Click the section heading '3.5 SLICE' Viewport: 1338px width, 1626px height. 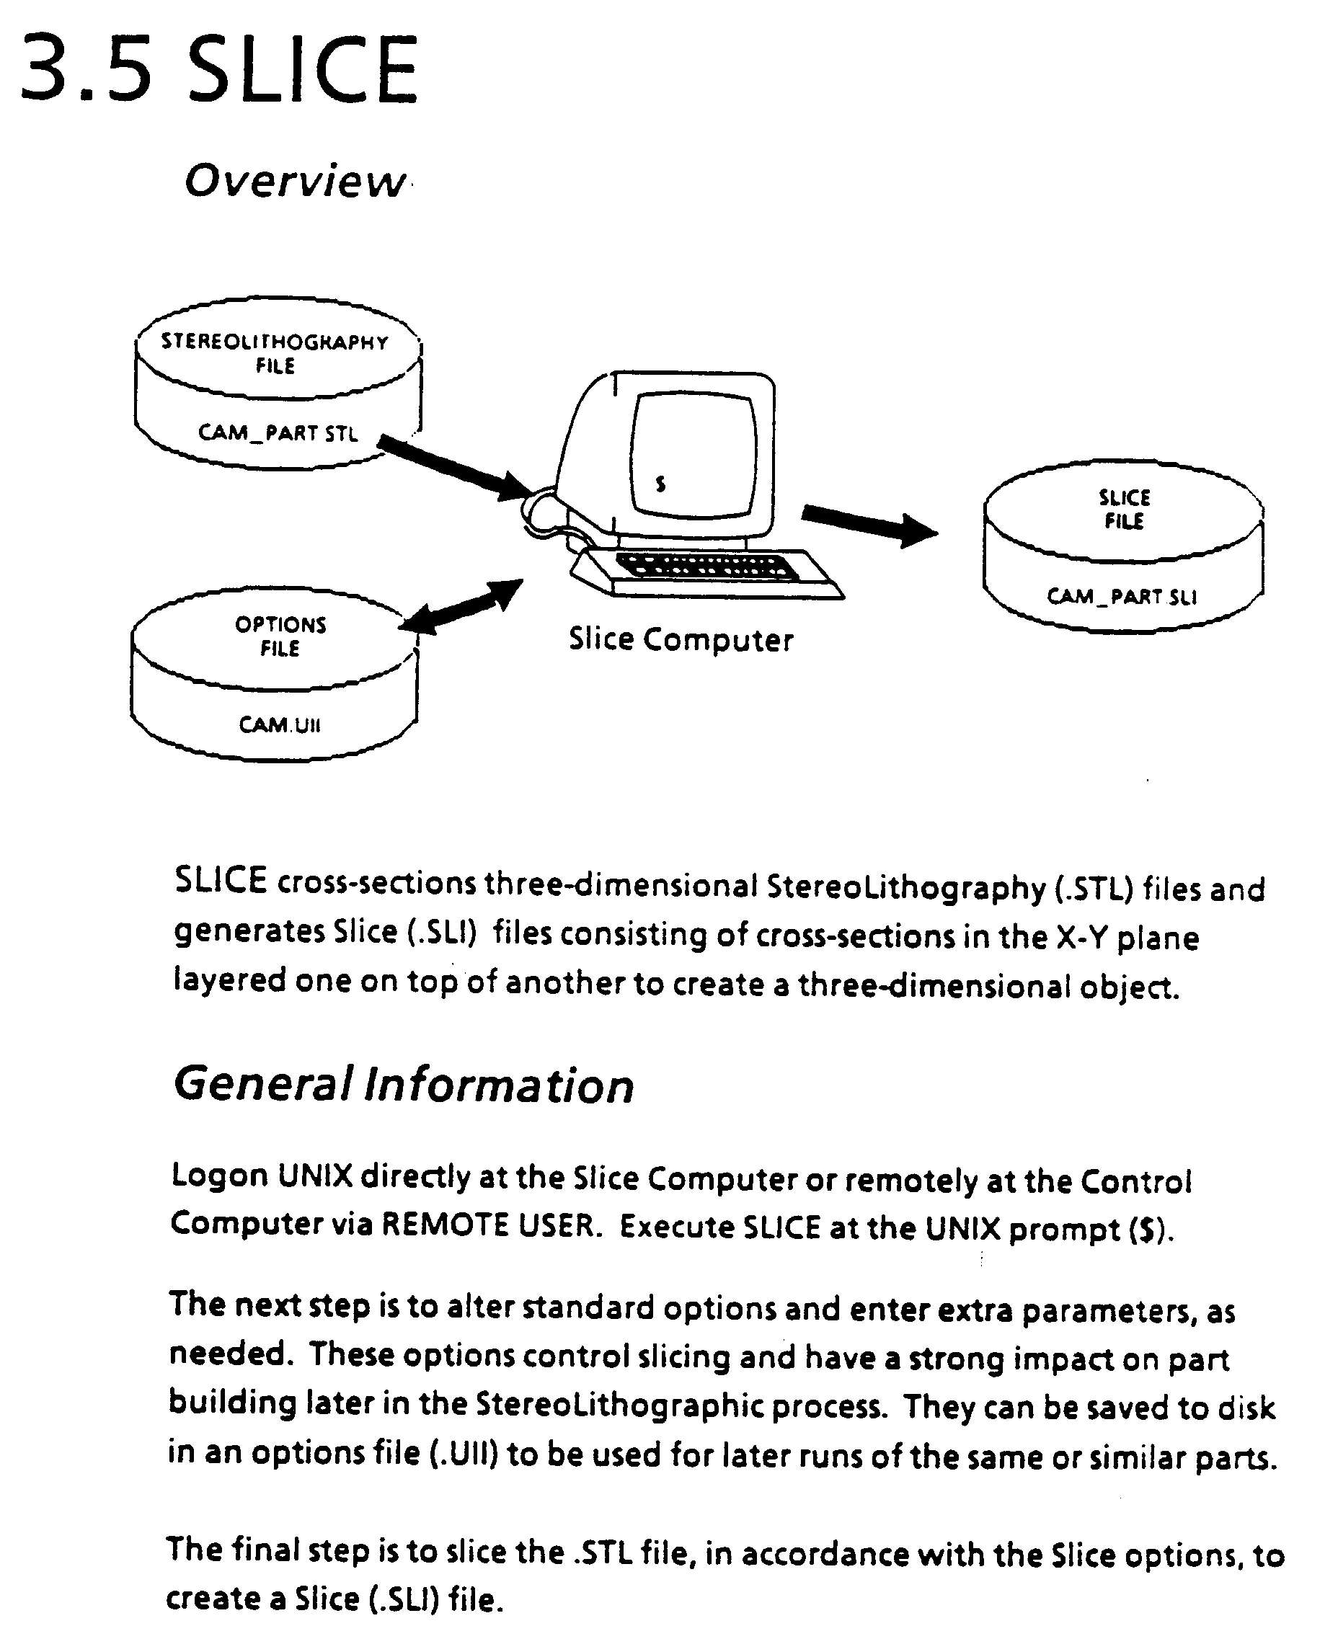point(219,69)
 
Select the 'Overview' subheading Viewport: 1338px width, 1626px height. point(295,181)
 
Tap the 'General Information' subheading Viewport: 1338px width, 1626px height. point(403,1084)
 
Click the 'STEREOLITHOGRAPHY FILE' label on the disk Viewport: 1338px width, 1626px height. point(275,353)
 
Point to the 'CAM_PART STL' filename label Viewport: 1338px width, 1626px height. point(278,433)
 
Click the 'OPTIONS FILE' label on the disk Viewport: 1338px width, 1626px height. point(280,636)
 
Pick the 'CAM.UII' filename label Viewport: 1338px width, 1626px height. point(279,725)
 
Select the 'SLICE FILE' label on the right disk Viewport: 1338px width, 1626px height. point(1124,510)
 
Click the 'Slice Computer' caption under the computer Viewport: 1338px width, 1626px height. point(681,639)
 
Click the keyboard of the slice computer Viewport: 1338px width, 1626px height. point(707,568)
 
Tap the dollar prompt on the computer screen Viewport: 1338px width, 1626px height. point(660,484)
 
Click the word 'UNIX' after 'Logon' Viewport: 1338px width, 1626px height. point(314,1176)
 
